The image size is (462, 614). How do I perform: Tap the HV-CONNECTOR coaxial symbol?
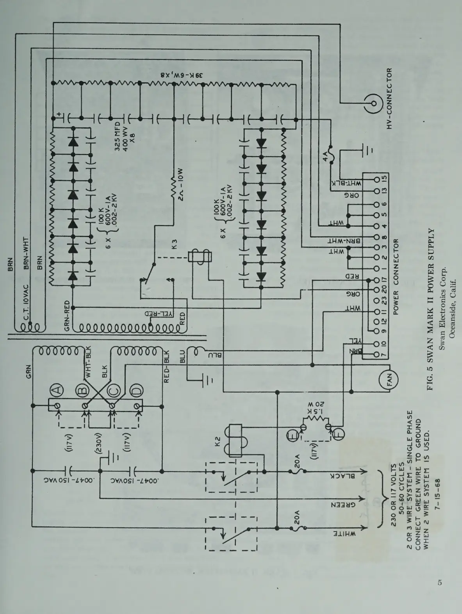[374, 104]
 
